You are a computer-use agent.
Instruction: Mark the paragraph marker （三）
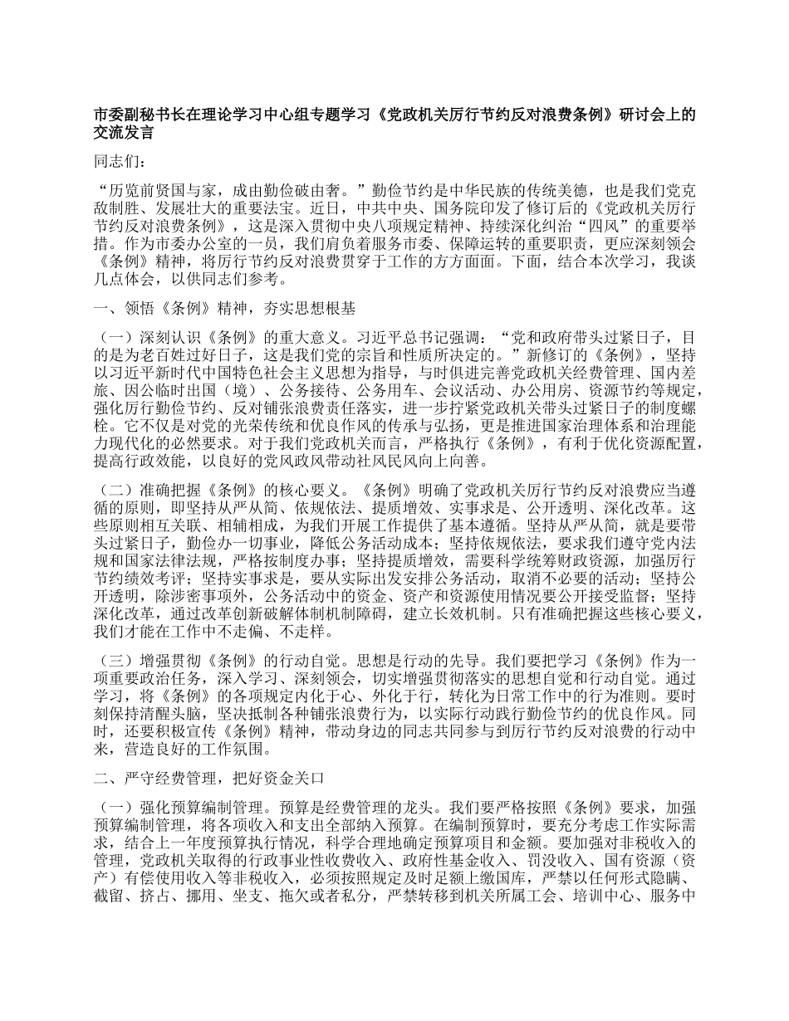pyautogui.click(x=114, y=661)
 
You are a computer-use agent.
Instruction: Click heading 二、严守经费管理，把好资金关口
pyautogui.click(x=214, y=780)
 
